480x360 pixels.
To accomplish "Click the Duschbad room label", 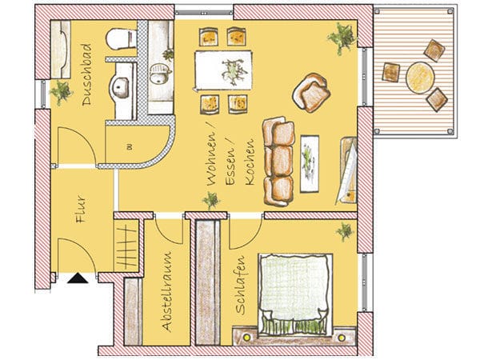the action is coord(87,75).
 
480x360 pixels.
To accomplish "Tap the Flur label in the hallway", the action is coord(81,209).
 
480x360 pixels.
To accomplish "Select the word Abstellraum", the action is coord(167,292).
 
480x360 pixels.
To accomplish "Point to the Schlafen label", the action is coord(241,285).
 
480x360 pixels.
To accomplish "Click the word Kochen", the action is coord(250,162).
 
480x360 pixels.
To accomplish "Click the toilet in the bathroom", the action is coord(122,39).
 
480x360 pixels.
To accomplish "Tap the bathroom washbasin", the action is coord(120,87).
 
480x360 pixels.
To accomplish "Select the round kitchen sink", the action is coord(158,74).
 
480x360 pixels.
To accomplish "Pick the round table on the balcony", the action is coord(420,78).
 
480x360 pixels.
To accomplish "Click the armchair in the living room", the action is coord(312,93).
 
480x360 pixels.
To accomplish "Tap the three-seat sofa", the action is coord(278,162).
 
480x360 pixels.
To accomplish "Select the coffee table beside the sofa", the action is coord(310,164).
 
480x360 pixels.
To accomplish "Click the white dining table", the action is coord(223,70).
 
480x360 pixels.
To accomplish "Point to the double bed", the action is coord(295,294).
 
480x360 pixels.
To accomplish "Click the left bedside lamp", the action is coord(246,338).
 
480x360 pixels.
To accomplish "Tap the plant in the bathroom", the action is coord(61,92).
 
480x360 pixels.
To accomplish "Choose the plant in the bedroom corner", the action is coord(345,232).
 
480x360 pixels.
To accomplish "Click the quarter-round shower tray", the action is coord(137,144).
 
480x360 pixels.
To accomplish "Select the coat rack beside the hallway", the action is coord(126,246).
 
